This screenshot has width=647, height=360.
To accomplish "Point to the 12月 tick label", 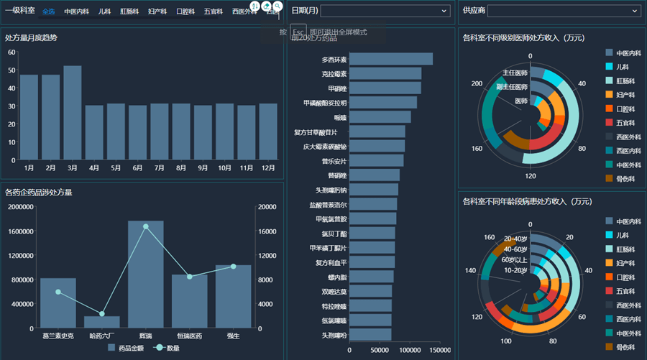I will (x=268, y=168).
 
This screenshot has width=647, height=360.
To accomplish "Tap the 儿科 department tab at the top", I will (x=104, y=11).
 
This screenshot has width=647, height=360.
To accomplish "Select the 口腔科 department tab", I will (x=185, y=11).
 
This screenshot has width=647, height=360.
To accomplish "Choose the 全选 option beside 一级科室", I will (x=49, y=11).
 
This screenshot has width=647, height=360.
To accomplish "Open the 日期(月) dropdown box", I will (x=385, y=11).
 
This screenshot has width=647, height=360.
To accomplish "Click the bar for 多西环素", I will (x=391, y=59).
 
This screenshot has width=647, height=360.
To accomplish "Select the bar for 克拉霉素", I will (x=385, y=73).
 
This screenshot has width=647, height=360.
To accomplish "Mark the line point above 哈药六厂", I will (x=102, y=314).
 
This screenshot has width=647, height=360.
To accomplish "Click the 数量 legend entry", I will (x=168, y=349).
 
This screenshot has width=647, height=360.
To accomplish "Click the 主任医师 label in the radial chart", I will (x=515, y=73).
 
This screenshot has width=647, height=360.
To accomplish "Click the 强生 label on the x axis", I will (x=233, y=335).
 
